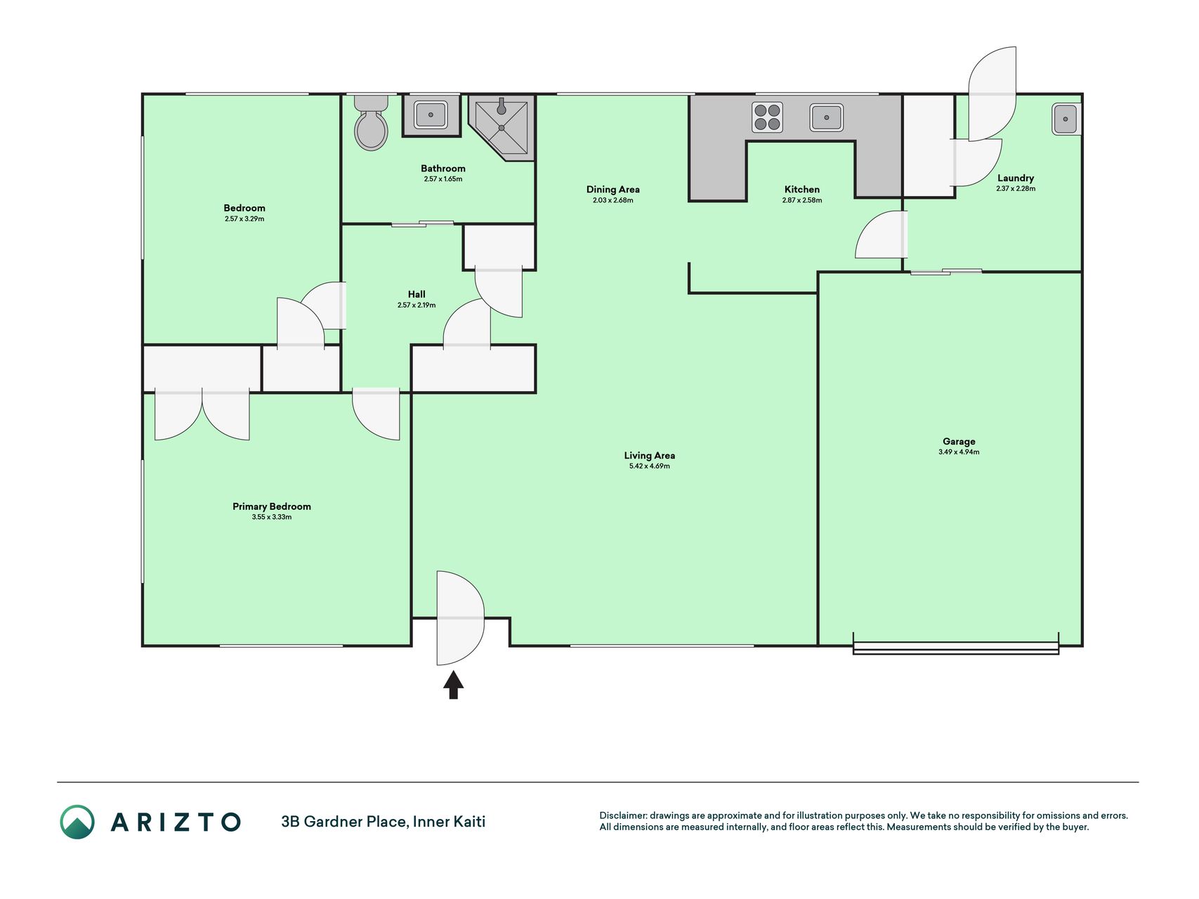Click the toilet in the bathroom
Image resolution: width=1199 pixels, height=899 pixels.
pos(371,123)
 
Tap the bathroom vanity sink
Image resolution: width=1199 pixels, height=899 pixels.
pos(431,114)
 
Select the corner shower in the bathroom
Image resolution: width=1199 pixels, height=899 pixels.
pos(502,127)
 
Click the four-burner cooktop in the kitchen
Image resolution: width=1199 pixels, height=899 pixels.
pos(767,117)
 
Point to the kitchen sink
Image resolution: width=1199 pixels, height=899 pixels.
pos(826,117)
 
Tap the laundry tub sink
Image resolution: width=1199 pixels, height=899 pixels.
pos(1066,119)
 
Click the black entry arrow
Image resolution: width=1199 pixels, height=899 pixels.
pos(453,685)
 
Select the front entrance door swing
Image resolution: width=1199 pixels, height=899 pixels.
pos(460,618)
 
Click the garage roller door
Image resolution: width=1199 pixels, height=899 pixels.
pos(955,647)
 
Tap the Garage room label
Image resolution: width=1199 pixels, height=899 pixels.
pos(959,442)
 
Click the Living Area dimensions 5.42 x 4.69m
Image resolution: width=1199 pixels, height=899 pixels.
pos(650,466)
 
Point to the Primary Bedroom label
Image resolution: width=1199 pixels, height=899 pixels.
pos(272,506)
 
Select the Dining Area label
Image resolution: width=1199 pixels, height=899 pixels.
pos(613,190)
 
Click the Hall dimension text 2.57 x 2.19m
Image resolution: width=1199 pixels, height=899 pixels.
pos(417,306)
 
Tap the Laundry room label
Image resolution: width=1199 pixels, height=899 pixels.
pos(1016,178)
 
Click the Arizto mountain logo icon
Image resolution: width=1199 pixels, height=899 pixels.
pos(77,822)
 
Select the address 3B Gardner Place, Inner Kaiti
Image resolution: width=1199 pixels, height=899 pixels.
pos(384,822)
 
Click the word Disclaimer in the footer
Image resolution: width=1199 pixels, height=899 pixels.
pos(623,815)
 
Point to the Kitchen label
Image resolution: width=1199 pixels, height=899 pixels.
pos(802,190)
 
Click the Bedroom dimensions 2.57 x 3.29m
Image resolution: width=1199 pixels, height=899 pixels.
pos(244,219)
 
